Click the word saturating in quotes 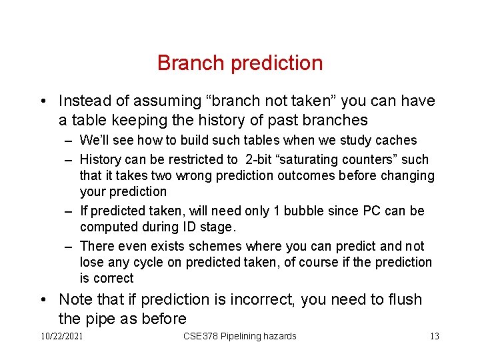pyautogui.click(x=311, y=160)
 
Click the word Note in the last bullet pyautogui.click(x=75, y=299)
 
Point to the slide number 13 pyautogui.click(x=434, y=336)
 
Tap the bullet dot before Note pyautogui.click(x=43, y=300)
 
